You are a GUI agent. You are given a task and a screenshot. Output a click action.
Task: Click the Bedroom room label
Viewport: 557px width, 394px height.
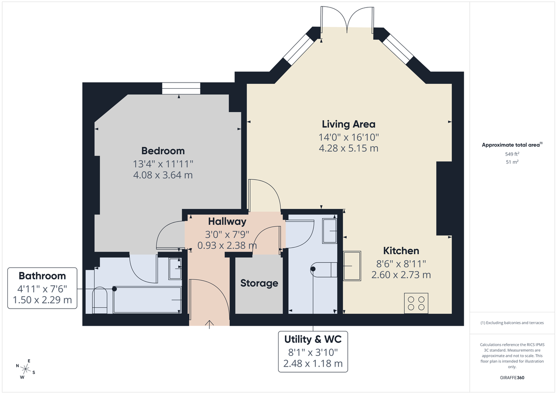163,151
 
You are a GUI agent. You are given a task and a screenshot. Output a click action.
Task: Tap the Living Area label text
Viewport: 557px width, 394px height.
349,124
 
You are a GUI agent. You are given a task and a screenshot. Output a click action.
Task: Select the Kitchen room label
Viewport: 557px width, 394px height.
401,251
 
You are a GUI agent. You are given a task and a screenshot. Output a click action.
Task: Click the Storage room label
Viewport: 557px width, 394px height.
259,283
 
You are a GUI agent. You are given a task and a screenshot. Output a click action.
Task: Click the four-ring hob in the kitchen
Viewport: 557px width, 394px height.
416,303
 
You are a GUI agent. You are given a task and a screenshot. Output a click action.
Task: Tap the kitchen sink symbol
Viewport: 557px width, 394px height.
352,266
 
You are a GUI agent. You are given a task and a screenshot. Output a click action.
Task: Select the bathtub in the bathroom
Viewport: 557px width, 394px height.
147,300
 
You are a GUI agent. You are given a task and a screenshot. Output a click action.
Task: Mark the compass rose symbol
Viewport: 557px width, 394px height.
26,369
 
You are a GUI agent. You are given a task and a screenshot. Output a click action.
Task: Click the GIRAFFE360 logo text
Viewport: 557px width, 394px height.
512,378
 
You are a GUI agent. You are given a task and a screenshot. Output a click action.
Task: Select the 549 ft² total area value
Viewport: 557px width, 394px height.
512,154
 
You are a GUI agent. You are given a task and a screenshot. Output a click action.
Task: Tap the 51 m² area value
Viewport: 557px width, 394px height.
512,162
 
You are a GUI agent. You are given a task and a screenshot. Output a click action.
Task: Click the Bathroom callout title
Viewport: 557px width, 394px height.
42,275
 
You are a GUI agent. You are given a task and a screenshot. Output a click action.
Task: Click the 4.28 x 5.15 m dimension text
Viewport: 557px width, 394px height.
349,149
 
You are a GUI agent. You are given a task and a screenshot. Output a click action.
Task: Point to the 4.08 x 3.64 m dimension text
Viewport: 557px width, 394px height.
163,175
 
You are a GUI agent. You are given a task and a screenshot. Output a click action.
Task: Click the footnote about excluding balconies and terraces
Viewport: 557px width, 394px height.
512,323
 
